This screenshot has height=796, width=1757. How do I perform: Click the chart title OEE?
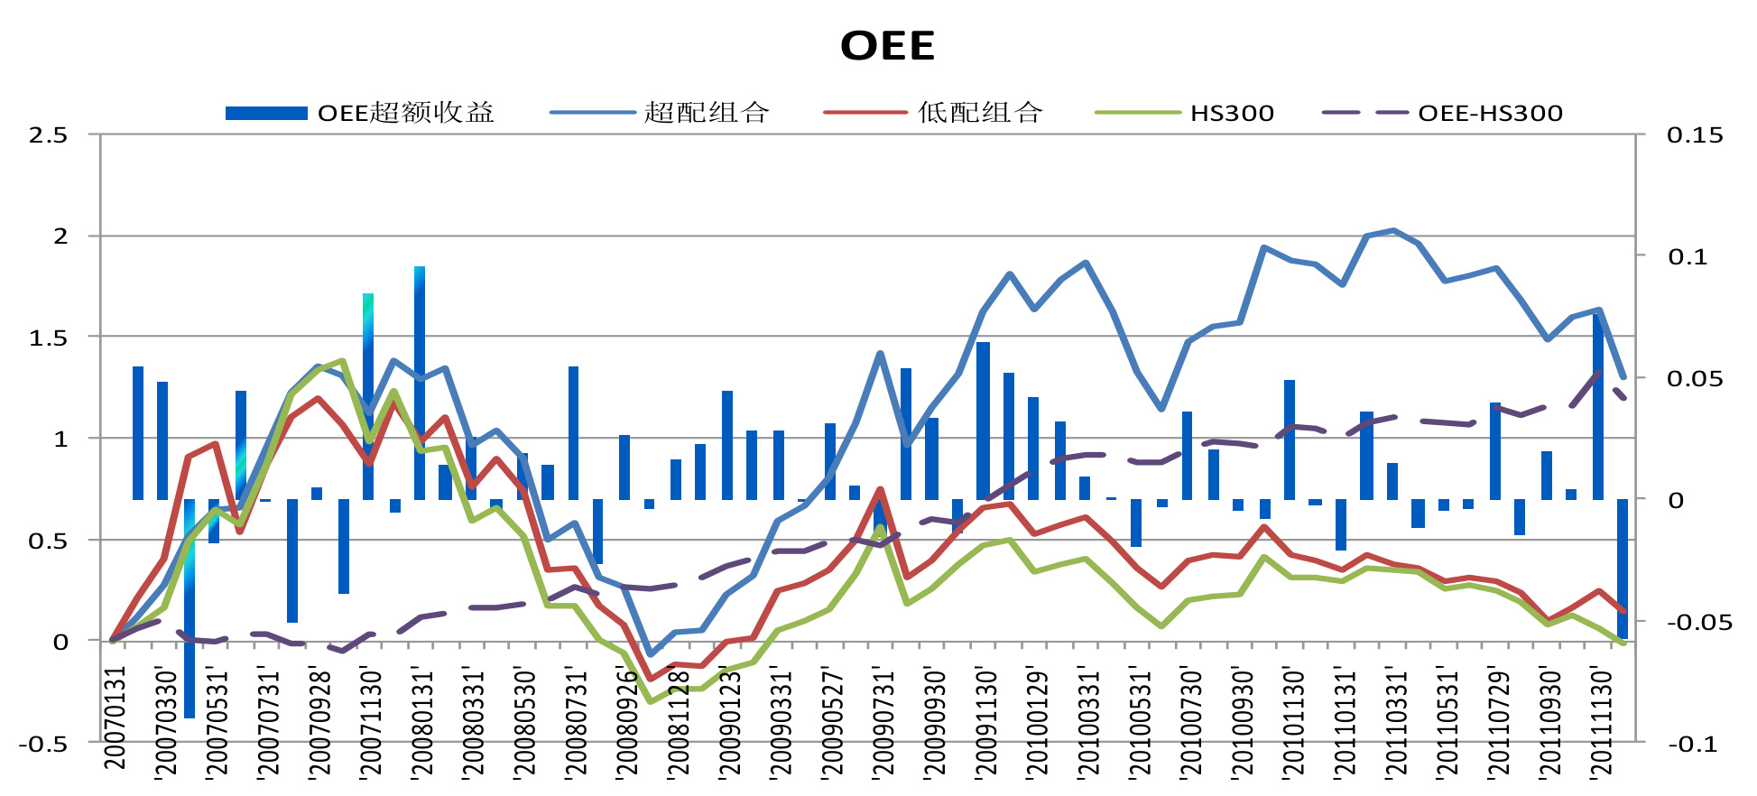pos(887,46)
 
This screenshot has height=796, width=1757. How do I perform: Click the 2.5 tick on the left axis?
pos(49,135)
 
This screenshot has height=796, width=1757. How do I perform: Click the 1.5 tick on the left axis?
pos(49,338)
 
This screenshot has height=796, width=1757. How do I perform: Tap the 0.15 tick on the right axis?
pos(1695,135)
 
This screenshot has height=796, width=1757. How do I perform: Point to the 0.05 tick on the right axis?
pos(1695,379)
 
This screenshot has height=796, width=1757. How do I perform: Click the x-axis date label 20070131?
pos(115,718)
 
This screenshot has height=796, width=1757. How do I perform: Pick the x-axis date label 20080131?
pos(422,723)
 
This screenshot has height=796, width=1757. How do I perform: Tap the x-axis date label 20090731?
pos(883,723)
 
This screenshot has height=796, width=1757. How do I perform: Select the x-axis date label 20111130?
pos(1601,723)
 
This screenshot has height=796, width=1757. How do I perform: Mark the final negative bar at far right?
pos(1623,569)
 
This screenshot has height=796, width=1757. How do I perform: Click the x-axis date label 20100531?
pos(1140,723)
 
